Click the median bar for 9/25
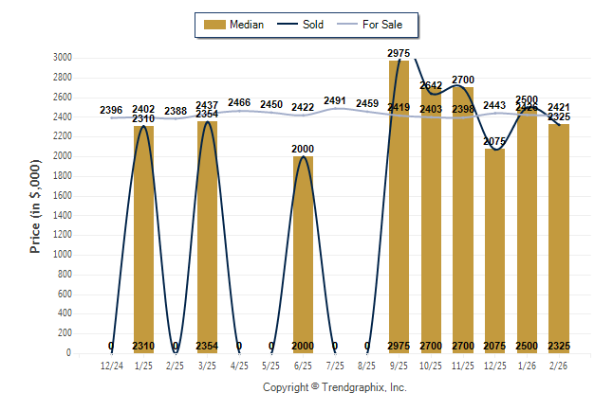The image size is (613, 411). click(x=399, y=208)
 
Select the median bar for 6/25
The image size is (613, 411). click(x=303, y=256)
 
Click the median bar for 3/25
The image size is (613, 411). click(x=207, y=237)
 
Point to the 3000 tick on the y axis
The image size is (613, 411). click(x=62, y=58)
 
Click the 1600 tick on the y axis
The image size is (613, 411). click(x=62, y=196)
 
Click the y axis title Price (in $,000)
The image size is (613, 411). click(x=35, y=205)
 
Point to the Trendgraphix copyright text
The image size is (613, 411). click(x=334, y=387)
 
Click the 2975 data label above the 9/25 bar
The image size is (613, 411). click(x=399, y=51)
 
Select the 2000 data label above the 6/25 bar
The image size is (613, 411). click(x=303, y=150)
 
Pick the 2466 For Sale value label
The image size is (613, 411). click(x=239, y=102)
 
